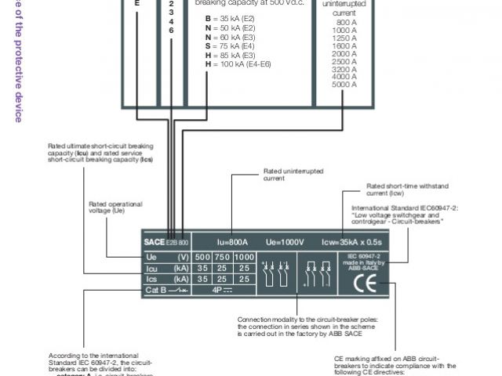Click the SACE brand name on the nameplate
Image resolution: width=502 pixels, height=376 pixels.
(155, 242)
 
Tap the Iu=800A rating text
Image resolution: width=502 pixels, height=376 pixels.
(233, 242)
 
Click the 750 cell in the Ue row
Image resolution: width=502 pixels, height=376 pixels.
(223, 257)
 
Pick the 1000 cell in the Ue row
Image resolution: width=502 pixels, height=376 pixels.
(245, 257)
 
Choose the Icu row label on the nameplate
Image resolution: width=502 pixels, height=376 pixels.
(154, 268)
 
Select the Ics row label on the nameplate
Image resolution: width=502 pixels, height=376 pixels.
(154, 279)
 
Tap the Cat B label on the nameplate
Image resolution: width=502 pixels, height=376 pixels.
(157, 290)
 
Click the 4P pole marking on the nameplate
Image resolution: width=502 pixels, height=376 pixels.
(222, 290)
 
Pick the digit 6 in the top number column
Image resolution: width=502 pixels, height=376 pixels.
(172, 30)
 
